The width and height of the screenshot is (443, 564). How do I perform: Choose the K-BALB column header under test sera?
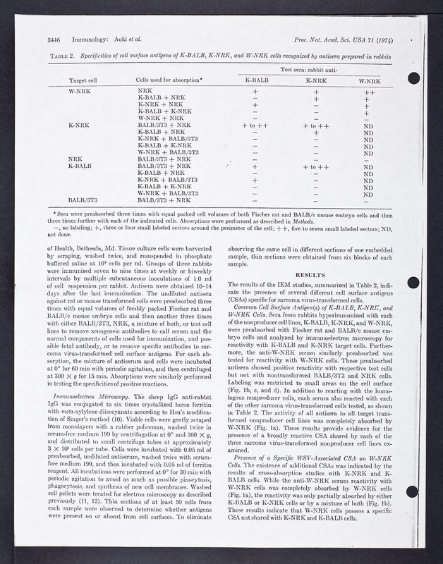(256, 80)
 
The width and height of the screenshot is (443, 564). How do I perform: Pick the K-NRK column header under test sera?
(316, 80)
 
